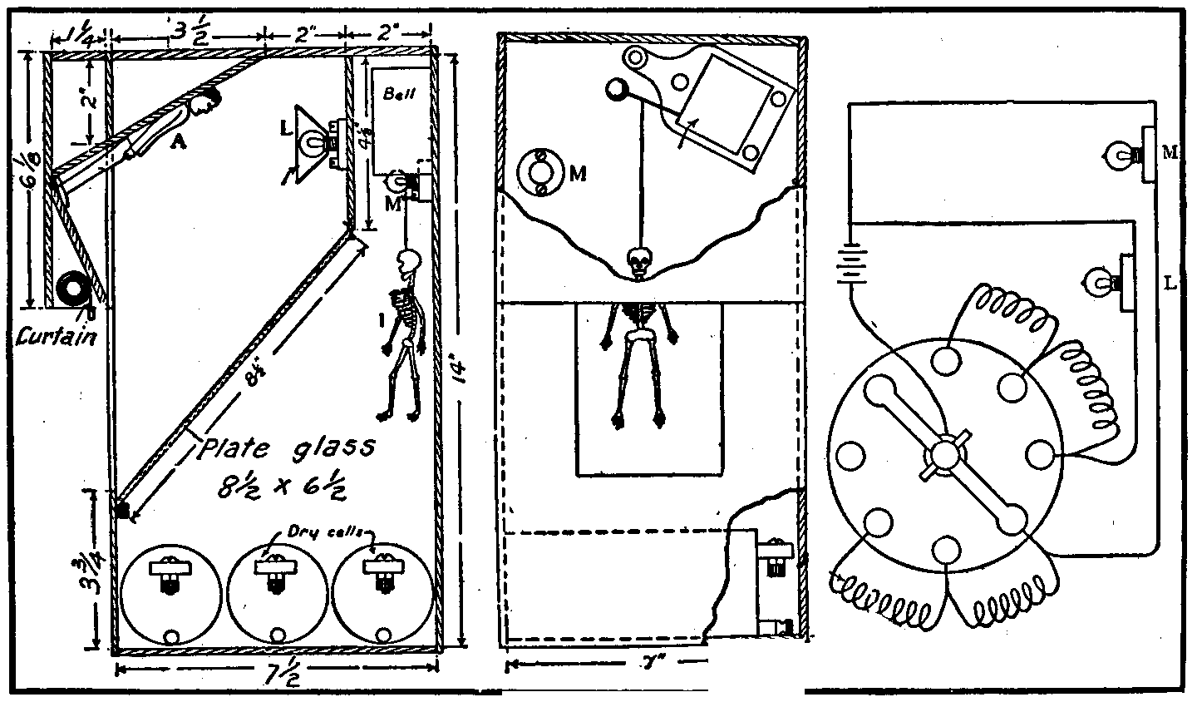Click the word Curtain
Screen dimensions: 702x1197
click(x=56, y=338)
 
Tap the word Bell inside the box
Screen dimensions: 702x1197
click(x=393, y=95)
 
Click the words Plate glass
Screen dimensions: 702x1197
click(x=287, y=450)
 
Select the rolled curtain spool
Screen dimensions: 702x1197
click(x=72, y=290)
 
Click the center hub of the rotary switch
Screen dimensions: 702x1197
click(x=945, y=455)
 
